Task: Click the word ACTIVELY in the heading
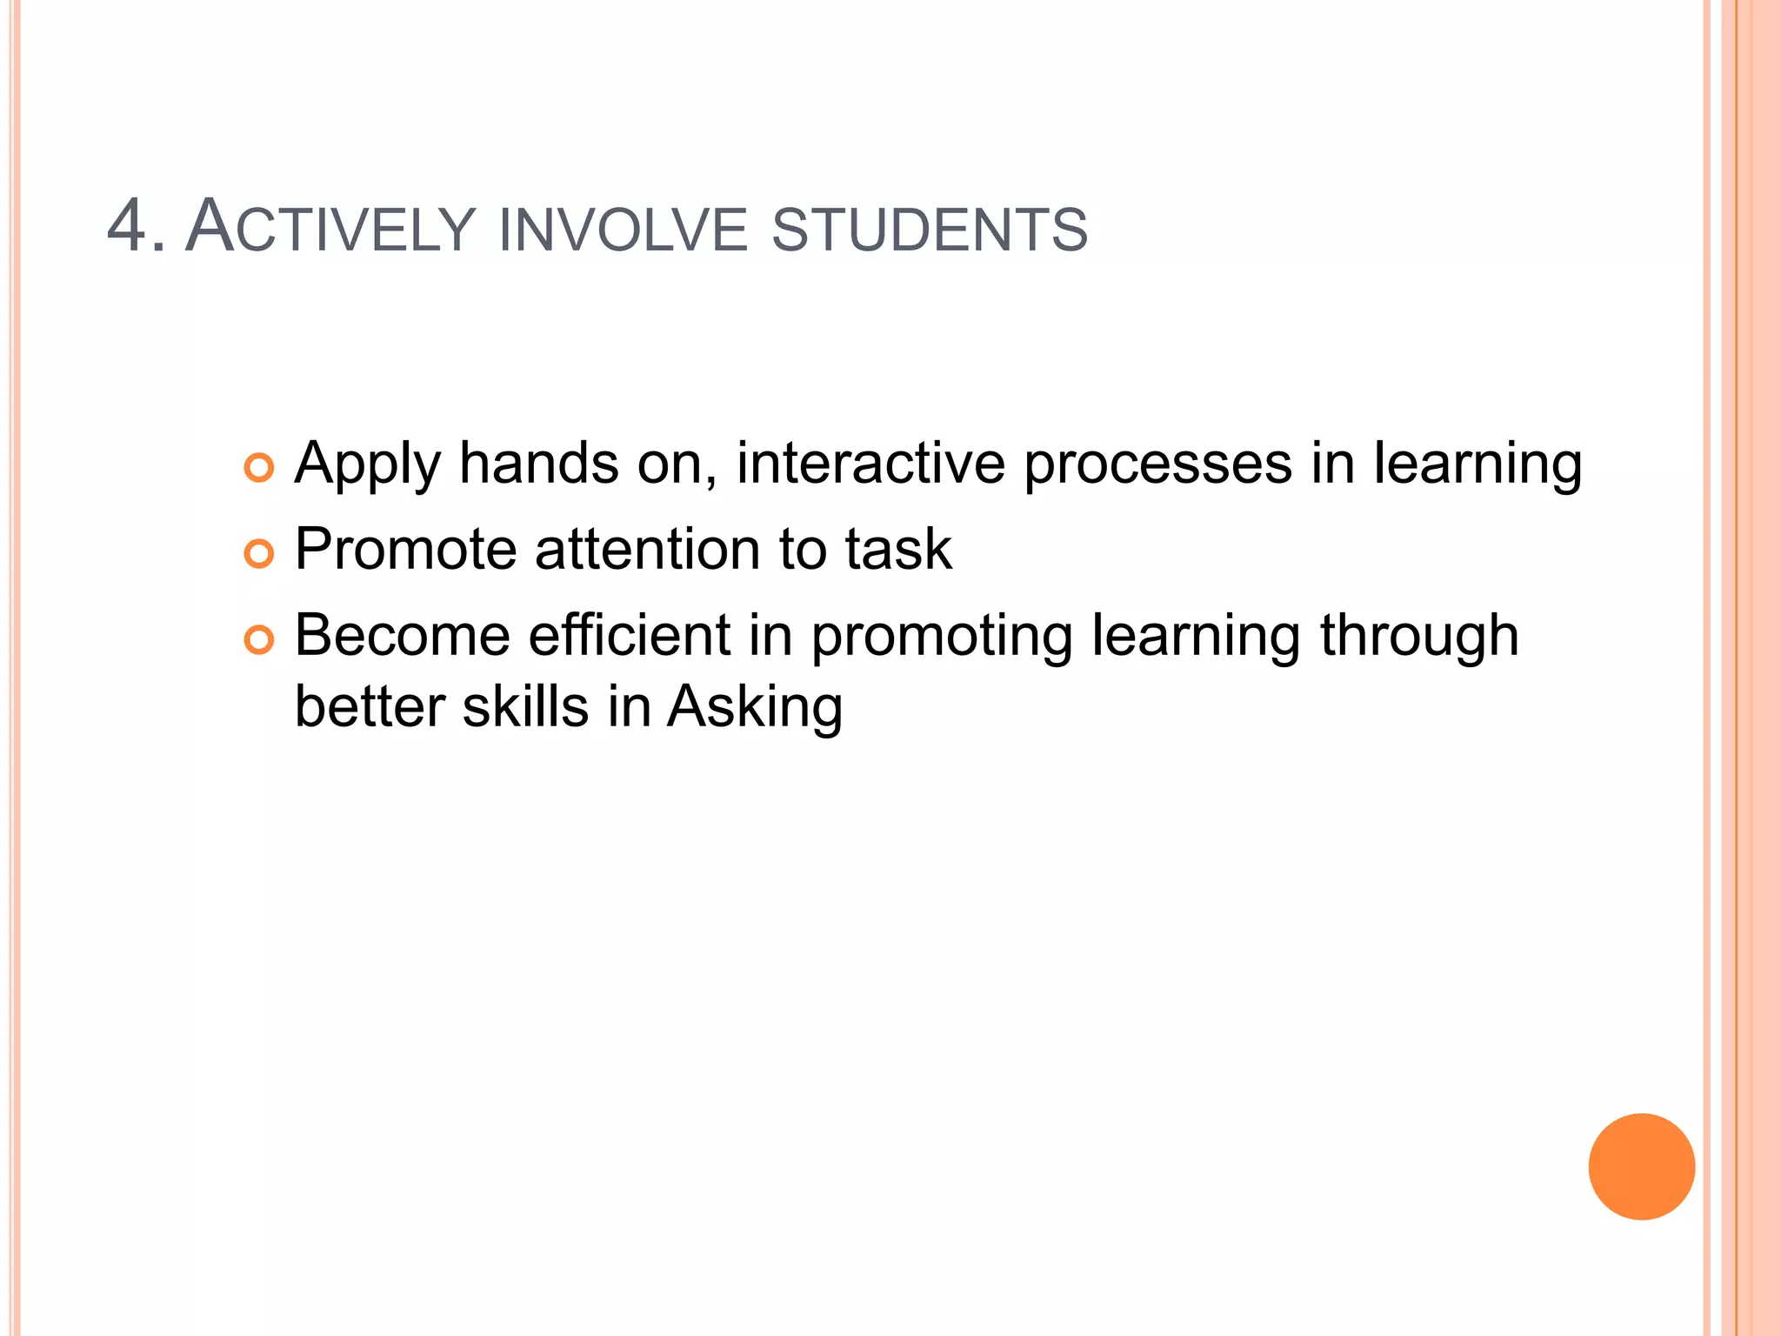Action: [330, 227]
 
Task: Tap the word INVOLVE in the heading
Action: [623, 230]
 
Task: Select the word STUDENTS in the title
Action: [930, 230]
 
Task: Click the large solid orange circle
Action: [1641, 1166]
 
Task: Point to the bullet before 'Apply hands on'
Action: [259, 468]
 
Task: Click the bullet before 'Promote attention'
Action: [259, 553]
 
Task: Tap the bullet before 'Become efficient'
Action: [259, 640]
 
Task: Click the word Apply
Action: [368, 464]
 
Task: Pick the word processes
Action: [1157, 464]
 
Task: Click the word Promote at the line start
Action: [405, 550]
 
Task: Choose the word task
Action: [898, 550]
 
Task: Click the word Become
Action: [402, 635]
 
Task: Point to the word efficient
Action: [630, 635]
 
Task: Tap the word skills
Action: [525, 706]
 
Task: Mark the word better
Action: [370, 706]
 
